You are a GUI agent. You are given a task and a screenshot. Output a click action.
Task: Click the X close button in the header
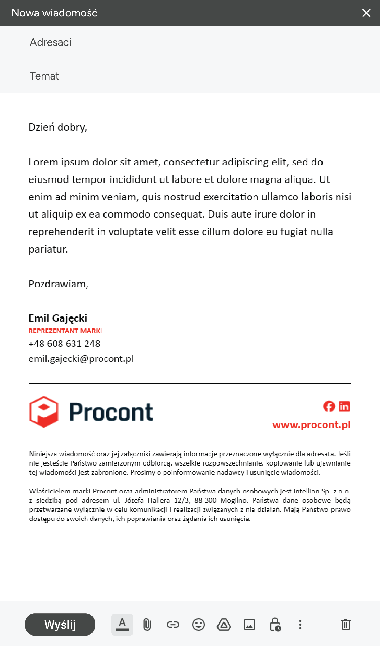tap(366, 13)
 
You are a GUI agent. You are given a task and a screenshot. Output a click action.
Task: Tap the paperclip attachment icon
tap(147, 625)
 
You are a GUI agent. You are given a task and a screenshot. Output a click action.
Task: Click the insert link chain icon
tap(173, 625)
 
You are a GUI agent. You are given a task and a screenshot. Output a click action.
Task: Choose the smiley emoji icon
tap(199, 625)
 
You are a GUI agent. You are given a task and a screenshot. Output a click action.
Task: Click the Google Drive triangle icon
tap(224, 625)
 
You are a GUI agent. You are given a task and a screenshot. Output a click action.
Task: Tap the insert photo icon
tap(249, 625)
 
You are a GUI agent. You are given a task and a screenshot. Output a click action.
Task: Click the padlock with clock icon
tap(275, 625)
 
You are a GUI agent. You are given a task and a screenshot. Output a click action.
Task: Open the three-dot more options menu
tap(300, 625)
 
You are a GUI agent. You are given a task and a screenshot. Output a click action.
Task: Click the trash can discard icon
tap(346, 625)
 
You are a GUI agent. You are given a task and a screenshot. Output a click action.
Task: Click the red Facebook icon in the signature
tap(329, 406)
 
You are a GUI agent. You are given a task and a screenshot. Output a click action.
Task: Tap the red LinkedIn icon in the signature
tap(344, 406)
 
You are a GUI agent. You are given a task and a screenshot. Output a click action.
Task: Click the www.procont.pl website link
tap(311, 425)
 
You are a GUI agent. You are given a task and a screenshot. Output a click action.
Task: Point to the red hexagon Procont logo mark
tap(44, 412)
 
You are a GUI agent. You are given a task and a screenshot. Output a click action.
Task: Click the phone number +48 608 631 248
tap(64, 344)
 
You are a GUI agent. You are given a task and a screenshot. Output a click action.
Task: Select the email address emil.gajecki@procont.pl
tap(81, 359)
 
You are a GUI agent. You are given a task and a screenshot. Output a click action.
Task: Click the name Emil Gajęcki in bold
tap(58, 318)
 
